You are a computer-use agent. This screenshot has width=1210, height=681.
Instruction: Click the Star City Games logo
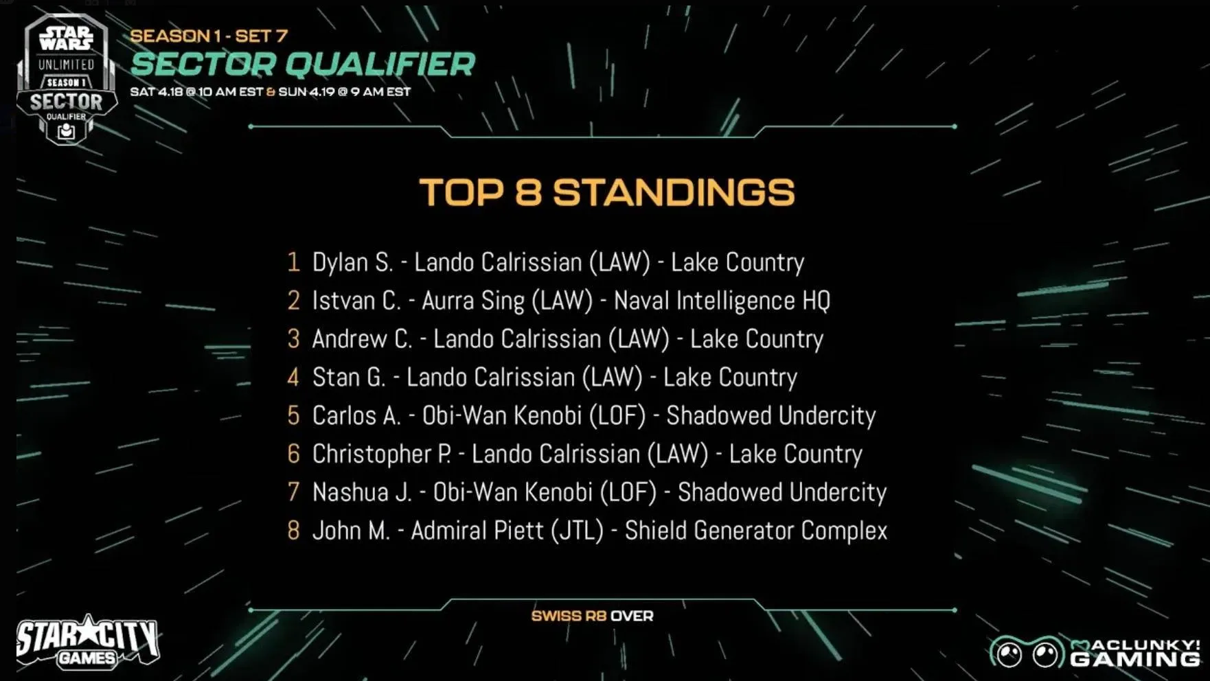[88, 642]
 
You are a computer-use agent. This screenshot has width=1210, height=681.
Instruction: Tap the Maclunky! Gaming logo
[1095, 652]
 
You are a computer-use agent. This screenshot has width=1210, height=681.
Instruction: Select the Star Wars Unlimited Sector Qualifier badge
[67, 78]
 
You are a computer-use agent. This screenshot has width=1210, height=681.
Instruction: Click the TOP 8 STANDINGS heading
[607, 192]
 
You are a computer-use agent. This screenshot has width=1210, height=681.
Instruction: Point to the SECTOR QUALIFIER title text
[303, 65]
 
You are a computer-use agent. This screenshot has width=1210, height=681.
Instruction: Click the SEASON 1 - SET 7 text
[209, 36]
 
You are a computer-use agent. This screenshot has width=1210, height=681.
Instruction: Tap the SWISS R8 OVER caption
[592, 616]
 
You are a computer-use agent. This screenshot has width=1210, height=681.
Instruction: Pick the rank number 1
[294, 262]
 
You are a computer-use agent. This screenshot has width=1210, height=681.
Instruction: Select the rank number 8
[293, 531]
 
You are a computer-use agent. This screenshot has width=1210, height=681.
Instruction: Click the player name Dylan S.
[352, 262]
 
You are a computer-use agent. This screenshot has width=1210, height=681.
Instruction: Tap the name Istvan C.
[356, 301]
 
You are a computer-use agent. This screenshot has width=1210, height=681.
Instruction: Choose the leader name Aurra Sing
[473, 301]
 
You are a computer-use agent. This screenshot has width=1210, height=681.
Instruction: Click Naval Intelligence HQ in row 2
[722, 301]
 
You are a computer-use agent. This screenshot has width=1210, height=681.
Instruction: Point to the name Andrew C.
[362, 339]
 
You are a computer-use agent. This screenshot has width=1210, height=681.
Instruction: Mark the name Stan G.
[349, 378]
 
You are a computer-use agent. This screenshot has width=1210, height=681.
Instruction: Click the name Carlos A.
[356, 416]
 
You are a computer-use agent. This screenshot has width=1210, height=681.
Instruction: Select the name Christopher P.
[382, 454]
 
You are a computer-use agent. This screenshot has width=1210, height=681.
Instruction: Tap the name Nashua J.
[362, 493]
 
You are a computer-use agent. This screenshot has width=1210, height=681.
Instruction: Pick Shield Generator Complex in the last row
[756, 531]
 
